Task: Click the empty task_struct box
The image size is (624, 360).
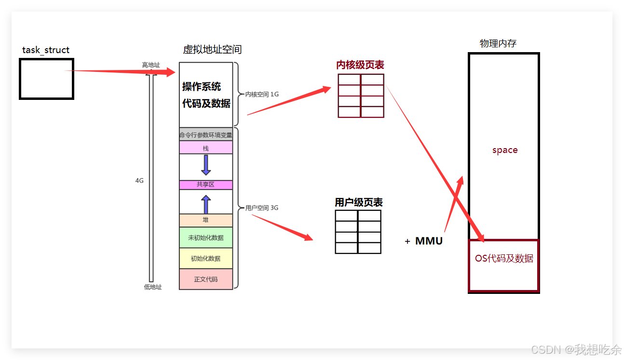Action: pyautogui.click(x=46, y=79)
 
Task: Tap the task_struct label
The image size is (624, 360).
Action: pyautogui.click(x=46, y=50)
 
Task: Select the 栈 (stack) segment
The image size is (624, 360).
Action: pyautogui.click(x=206, y=148)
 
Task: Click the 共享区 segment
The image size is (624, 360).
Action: pyautogui.click(x=206, y=185)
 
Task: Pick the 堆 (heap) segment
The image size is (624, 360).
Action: pyautogui.click(x=206, y=221)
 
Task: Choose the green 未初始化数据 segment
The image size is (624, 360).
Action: pyautogui.click(x=206, y=237)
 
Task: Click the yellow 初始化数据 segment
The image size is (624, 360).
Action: pyautogui.click(x=206, y=258)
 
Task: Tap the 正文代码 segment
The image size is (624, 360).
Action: pyautogui.click(x=206, y=279)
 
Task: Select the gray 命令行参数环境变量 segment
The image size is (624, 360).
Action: pyautogui.click(x=206, y=135)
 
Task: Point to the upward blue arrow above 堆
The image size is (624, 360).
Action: pyautogui.click(x=206, y=204)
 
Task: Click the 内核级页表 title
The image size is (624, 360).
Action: pyautogui.click(x=360, y=65)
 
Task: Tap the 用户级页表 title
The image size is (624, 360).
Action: pyautogui.click(x=359, y=202)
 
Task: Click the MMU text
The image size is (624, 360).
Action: pyautogui.click(x=429, y=241)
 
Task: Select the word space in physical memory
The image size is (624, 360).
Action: pyautogui.click(x=505, y=150)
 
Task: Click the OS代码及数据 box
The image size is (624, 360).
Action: pyautogui.click(x=504, y=265)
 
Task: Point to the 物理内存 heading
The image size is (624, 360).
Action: pyautogui.click(x=498, y=43)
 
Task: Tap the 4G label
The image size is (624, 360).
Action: pyautogui.click(x=139, y=180)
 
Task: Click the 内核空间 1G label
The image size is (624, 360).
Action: pyautogui.click(x=262, y=95)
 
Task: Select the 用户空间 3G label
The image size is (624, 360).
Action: pyautogui.click(x=262, y=208)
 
